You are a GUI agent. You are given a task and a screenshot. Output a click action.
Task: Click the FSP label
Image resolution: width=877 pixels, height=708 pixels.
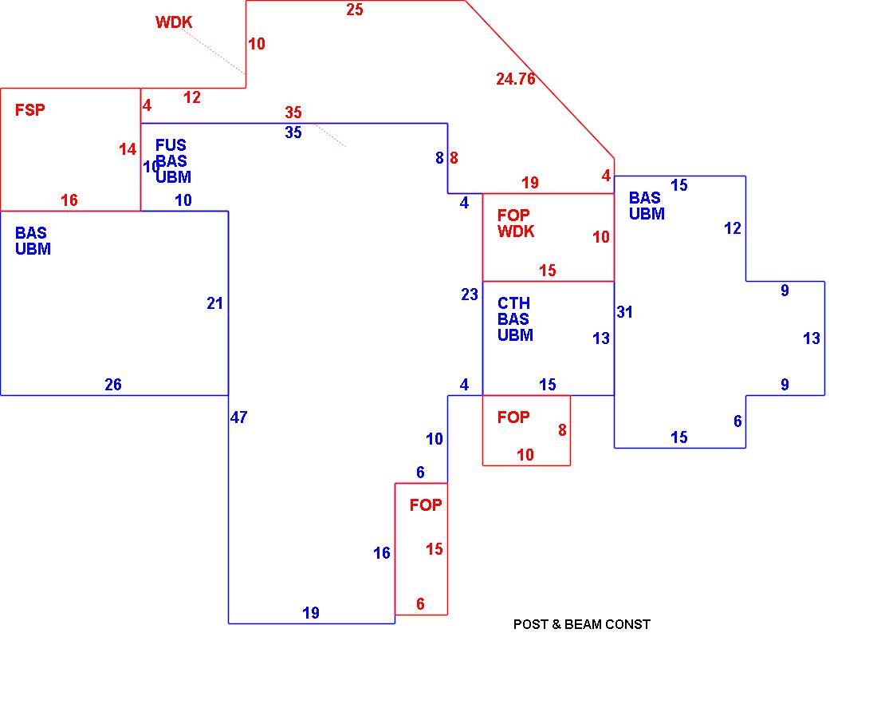[29, 110]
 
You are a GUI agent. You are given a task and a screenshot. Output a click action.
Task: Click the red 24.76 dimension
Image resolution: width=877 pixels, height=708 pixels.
[516, 79]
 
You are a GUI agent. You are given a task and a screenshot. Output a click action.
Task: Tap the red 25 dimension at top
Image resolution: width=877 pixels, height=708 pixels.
[355, 10]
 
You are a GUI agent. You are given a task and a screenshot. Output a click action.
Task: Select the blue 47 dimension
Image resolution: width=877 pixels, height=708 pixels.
[239, 417]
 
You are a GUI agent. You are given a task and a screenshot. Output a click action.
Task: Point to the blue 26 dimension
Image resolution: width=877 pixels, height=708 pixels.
[113, 384]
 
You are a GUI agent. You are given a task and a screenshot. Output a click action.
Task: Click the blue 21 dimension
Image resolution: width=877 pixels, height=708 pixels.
[214, 303]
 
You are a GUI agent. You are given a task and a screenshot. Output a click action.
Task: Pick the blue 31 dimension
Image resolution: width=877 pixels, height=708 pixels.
[625, 312]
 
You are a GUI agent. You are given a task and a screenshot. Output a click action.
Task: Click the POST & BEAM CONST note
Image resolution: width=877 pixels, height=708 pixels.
[582, 624]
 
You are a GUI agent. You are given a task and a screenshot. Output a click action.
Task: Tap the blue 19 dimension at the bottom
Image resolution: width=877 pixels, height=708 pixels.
[311, 613]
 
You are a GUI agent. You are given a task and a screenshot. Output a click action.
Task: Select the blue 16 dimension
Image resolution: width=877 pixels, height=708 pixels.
[381, 553]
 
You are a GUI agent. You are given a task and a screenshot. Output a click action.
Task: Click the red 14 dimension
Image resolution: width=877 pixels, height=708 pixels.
[128, 149]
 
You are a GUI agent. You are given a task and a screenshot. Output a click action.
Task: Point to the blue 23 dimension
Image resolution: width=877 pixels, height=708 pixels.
[470, 294]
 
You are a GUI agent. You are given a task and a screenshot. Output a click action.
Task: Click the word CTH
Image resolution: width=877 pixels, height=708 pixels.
[513, 303]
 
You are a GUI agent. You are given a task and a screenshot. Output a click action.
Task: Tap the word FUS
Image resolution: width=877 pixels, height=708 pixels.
[171, 145]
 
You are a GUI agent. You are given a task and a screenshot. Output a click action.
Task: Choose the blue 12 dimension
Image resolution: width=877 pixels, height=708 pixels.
[733, 228]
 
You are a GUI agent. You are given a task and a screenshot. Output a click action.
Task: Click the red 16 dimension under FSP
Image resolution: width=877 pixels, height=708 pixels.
[69, 200]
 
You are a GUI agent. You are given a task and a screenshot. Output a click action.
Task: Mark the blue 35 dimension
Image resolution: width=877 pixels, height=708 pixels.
[293, 133]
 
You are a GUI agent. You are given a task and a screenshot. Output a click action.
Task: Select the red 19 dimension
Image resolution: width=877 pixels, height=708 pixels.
[530, 183]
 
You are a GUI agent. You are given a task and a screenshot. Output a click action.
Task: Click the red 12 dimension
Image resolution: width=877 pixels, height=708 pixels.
[192, 97]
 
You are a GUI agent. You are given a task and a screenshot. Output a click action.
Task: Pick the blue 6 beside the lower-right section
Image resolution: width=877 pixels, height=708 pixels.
[737, 421]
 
